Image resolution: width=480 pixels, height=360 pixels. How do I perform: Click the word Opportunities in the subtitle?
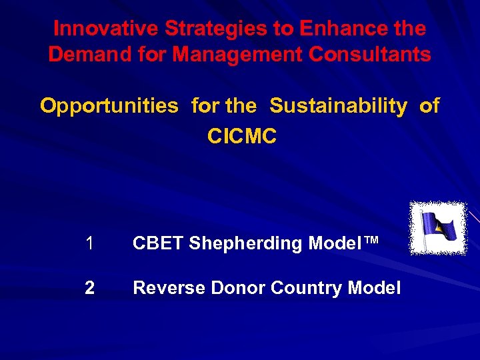pos(109,106)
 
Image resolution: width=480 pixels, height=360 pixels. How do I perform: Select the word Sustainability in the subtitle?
pos(338,106)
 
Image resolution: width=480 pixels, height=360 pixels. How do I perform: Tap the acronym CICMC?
pos(241,137)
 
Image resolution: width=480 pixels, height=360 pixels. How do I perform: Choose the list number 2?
pos(90,288)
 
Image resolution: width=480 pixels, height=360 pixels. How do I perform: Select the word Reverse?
pos(169,288)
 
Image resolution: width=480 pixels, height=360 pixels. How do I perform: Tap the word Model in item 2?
pos(376,288)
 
